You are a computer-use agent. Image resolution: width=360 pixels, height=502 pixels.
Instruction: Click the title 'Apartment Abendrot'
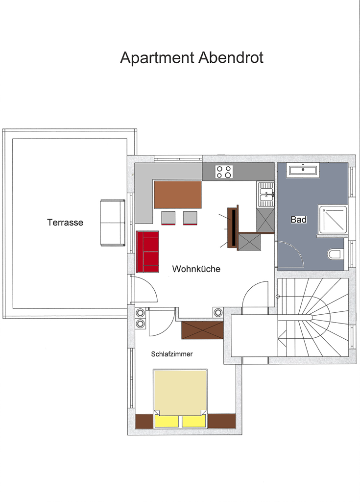tap(192, 58)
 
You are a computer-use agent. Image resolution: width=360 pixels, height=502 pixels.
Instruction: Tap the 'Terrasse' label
tap(65, 223)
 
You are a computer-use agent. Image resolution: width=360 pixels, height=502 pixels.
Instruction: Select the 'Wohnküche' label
tap(196, 269)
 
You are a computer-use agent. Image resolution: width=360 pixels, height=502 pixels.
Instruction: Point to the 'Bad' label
tap(299, 220)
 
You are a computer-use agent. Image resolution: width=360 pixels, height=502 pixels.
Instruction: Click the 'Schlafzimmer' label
tap(172, 354)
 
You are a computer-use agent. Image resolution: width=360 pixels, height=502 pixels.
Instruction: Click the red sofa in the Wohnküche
tap(148, 251)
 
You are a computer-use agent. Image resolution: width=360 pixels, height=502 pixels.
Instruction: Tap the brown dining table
tap(178, 195)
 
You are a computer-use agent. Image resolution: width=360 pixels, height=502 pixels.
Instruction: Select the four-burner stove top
tap(224, 172)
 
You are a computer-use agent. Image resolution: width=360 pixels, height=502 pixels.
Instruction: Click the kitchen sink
tap(266, 194)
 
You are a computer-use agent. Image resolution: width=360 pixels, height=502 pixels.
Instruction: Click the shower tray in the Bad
tap(333, 220)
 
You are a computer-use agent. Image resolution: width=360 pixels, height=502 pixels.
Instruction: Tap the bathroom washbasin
tap(303, 170)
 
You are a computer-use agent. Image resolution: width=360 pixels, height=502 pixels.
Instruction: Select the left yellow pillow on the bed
tap(167, 421)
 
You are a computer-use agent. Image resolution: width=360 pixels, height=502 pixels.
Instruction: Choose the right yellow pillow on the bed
tap(194, 421)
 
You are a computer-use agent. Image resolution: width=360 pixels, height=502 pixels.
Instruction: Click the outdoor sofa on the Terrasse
tap(113, 223)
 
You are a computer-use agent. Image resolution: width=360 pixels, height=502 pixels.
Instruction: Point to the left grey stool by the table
tap(168, 218)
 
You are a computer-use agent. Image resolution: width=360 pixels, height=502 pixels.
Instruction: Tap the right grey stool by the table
tap(190, 218)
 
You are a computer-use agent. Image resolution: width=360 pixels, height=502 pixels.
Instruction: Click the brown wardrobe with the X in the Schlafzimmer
tap(202, 330)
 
